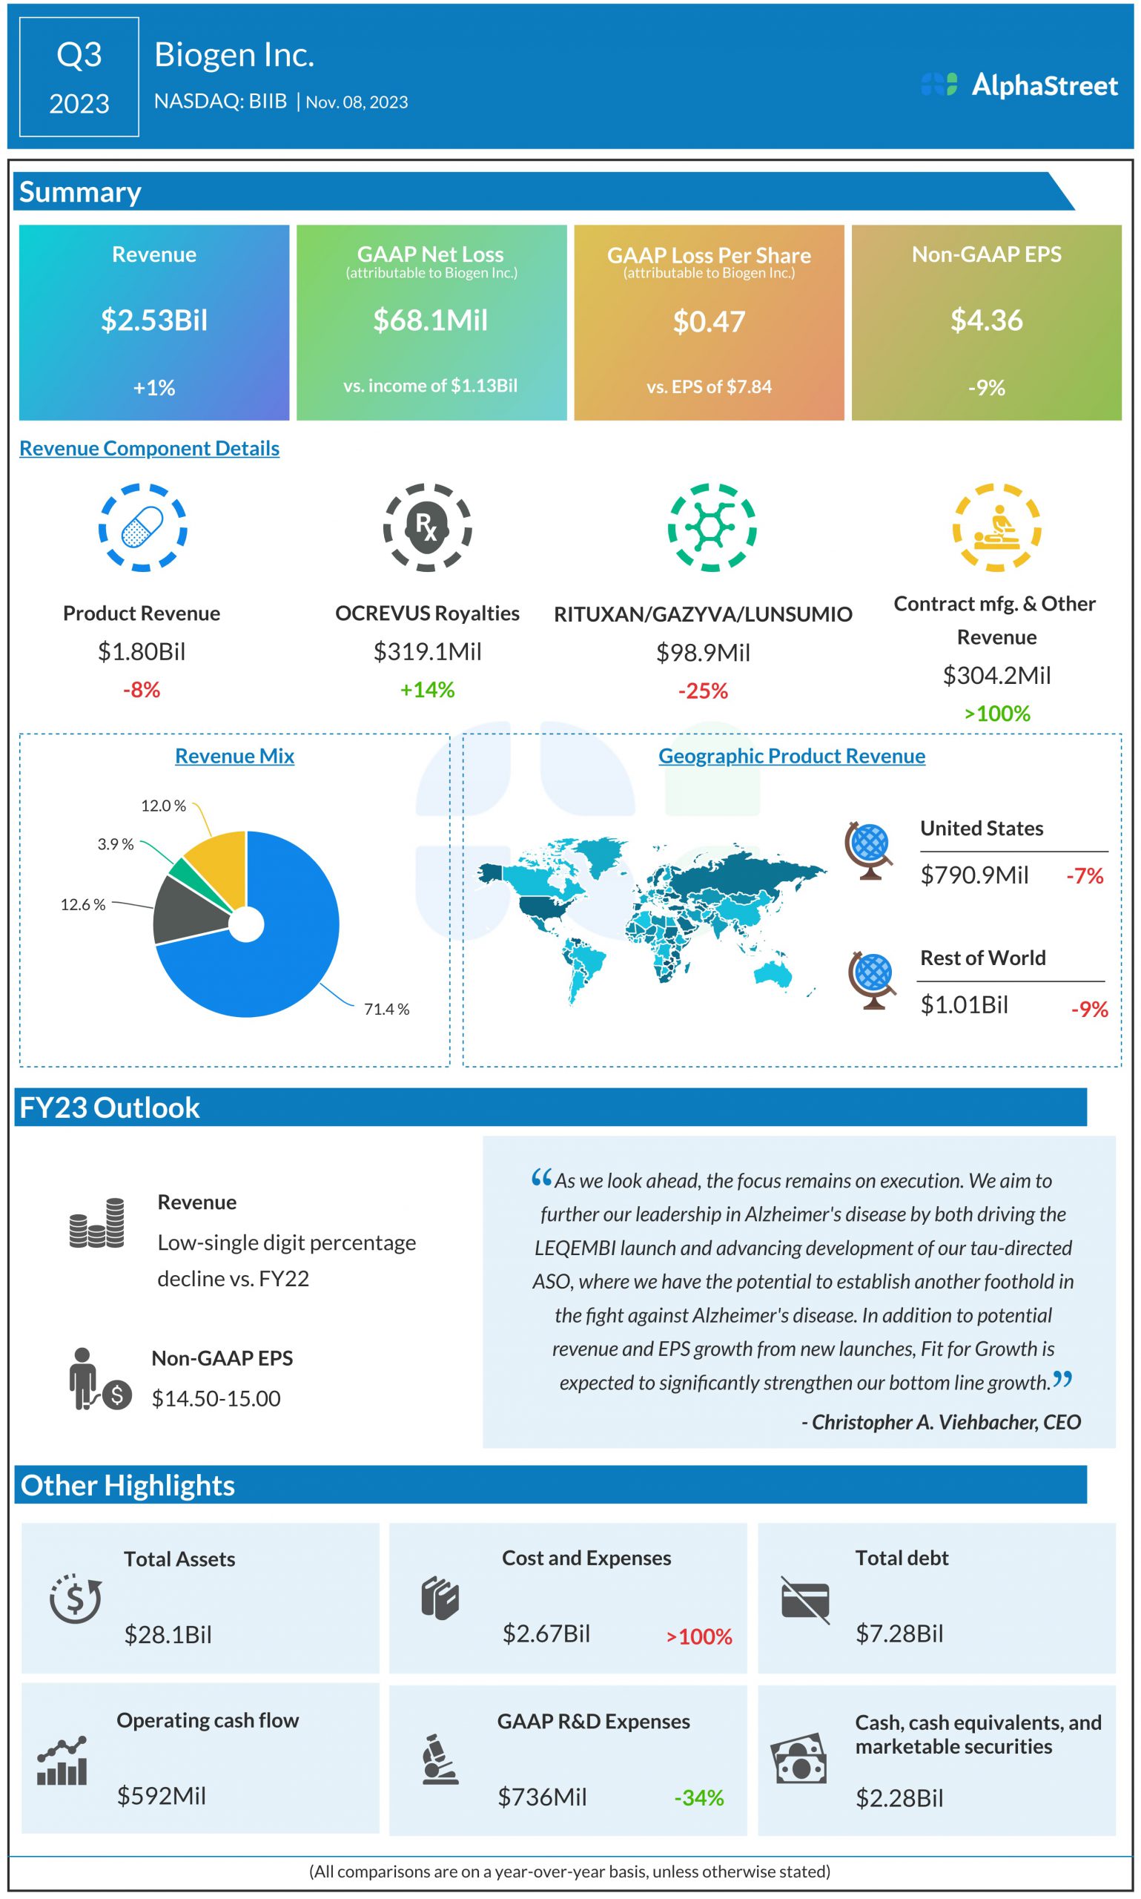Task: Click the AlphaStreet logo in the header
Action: pyautogui.click(x=1019, y=85)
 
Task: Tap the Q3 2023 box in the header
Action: pyautogui.click(x=79, y=77)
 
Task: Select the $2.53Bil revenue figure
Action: pyautogui.click(x=153, y=320)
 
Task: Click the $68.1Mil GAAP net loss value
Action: pyautogui.click(x=431, y=320)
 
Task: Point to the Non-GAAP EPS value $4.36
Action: pyautogui.click(x=987, y=320)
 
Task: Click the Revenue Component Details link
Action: pyautogui.click(x=149, y=447)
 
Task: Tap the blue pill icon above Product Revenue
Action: pyautogui.click(x=142, y=527)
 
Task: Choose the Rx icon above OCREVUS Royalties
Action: pyautogui.click(x=427, y=527)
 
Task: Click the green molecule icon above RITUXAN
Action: pyautogui.click(x=711, y=527)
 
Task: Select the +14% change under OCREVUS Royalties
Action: pyautogui.click(x=427, y=689)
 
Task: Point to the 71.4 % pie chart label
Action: pyautogui.click(x=386, y=1008)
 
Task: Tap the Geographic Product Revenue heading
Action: pyautogui.click(x=791, y=755)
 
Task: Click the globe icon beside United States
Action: pyautogui.click(x=869, y=851)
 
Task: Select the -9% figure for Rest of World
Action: pyautogui.click(x=1088, y=1008)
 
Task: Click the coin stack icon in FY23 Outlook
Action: pyautogui.click(x=96, y=1223)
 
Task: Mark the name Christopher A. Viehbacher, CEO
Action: pyautogui.click(x=940, y=1421)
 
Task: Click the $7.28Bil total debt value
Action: pyautogui.click(x=899, y=1632)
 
